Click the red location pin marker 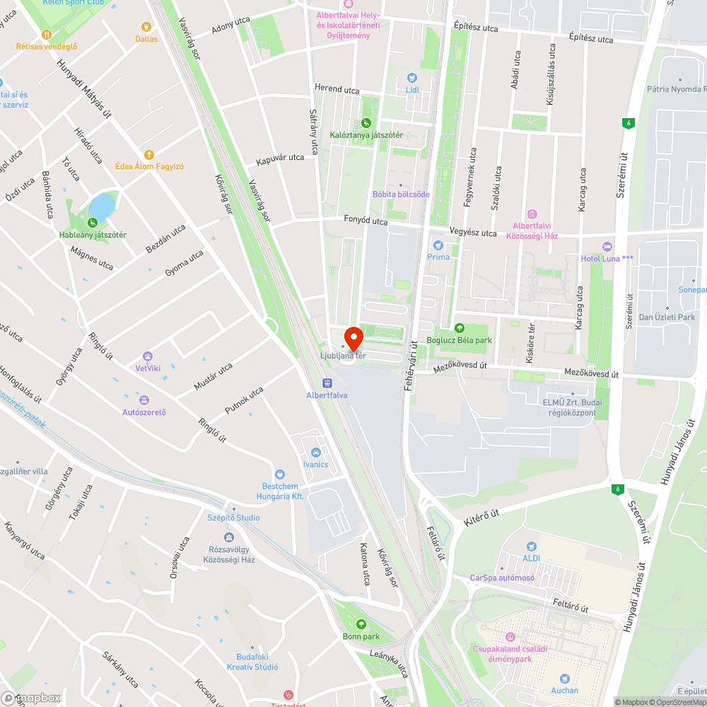click(x=353, y=337)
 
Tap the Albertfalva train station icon click(x=327, y=382)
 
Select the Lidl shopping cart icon click(x=413, y=78)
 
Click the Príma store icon click(x=438, y=245)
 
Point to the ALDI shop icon click(x=532, y=546)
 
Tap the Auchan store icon click(x=564, y=678)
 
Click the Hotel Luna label click(x=607, y=258)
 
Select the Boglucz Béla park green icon click(x=460, y=327)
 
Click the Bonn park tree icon click(x=362, y=624)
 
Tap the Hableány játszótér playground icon click(x=93, y=223)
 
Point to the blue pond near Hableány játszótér click(x=103, y=206)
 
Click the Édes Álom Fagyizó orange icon click(x=148, y=154)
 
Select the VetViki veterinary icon click(x=148, y=356)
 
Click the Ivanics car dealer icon click(x=315, y=452)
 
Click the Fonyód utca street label click(x=366, y=221)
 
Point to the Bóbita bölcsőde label click(x=401, y=194)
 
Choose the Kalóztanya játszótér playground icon click(x=366, y=122)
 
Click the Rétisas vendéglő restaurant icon click(x=47, y=34)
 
